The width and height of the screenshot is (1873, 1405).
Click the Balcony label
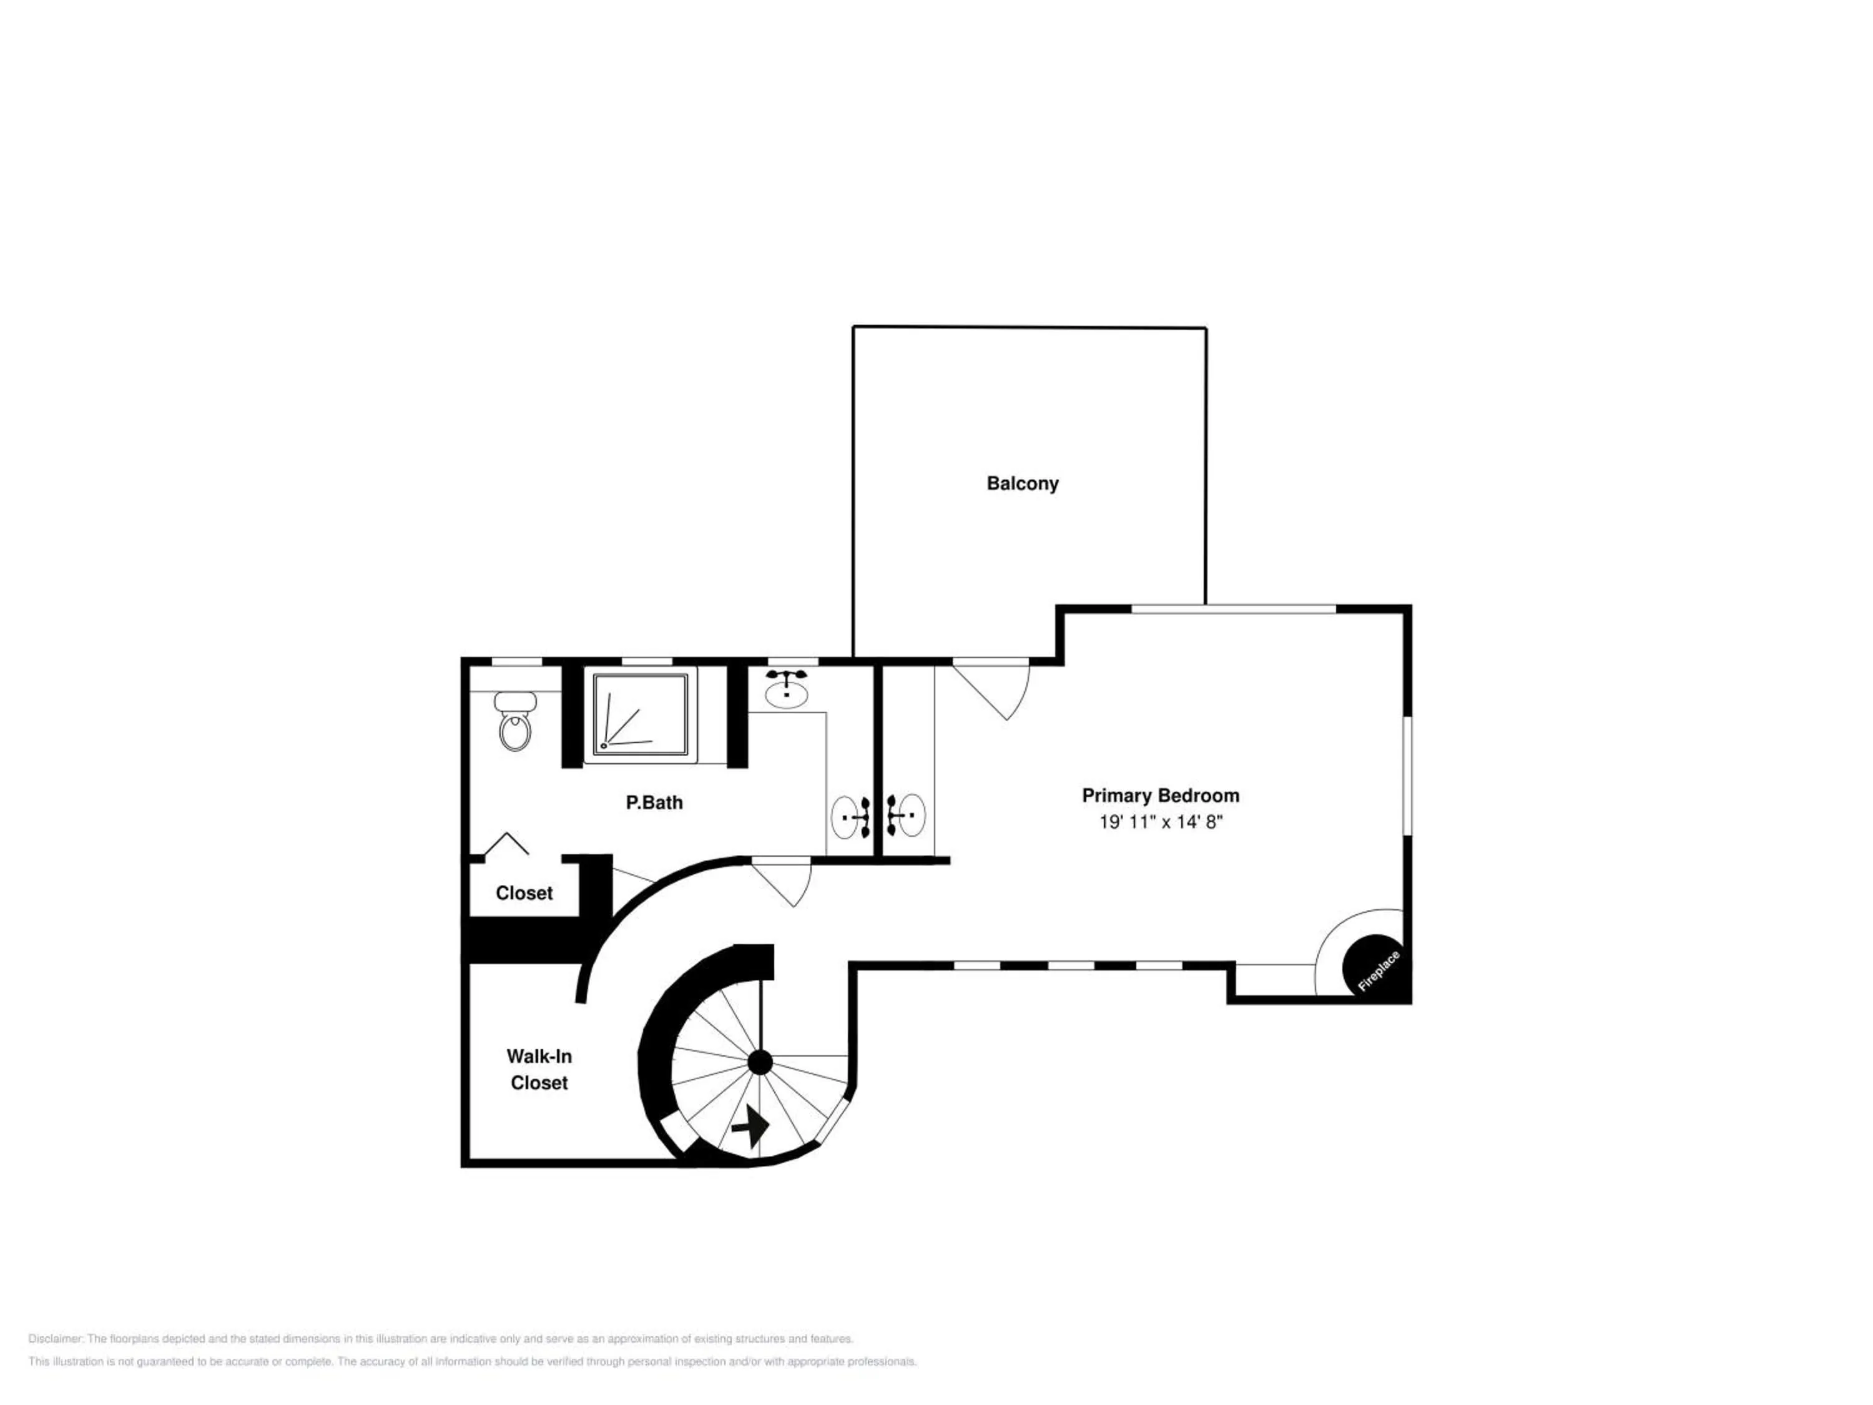(x=1022, y=483)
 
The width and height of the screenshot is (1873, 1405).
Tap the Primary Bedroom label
(x=1160, y=796)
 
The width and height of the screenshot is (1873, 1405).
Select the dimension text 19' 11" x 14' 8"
(x=1160, y=822)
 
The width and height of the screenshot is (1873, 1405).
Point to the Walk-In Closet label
(x=539, y=1069)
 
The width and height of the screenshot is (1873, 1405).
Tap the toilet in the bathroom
(x=515, y=721)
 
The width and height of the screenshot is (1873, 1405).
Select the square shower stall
(x=640, y=714)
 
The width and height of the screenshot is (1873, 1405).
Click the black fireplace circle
(x=1374, y=965)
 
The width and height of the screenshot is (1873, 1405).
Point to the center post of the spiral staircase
(x=760, y=1062)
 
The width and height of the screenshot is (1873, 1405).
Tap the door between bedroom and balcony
(x=993, y=689)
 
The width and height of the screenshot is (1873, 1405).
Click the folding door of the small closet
(x=506, y=844)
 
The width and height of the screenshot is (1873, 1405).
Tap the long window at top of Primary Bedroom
(x=1233, y=609)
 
